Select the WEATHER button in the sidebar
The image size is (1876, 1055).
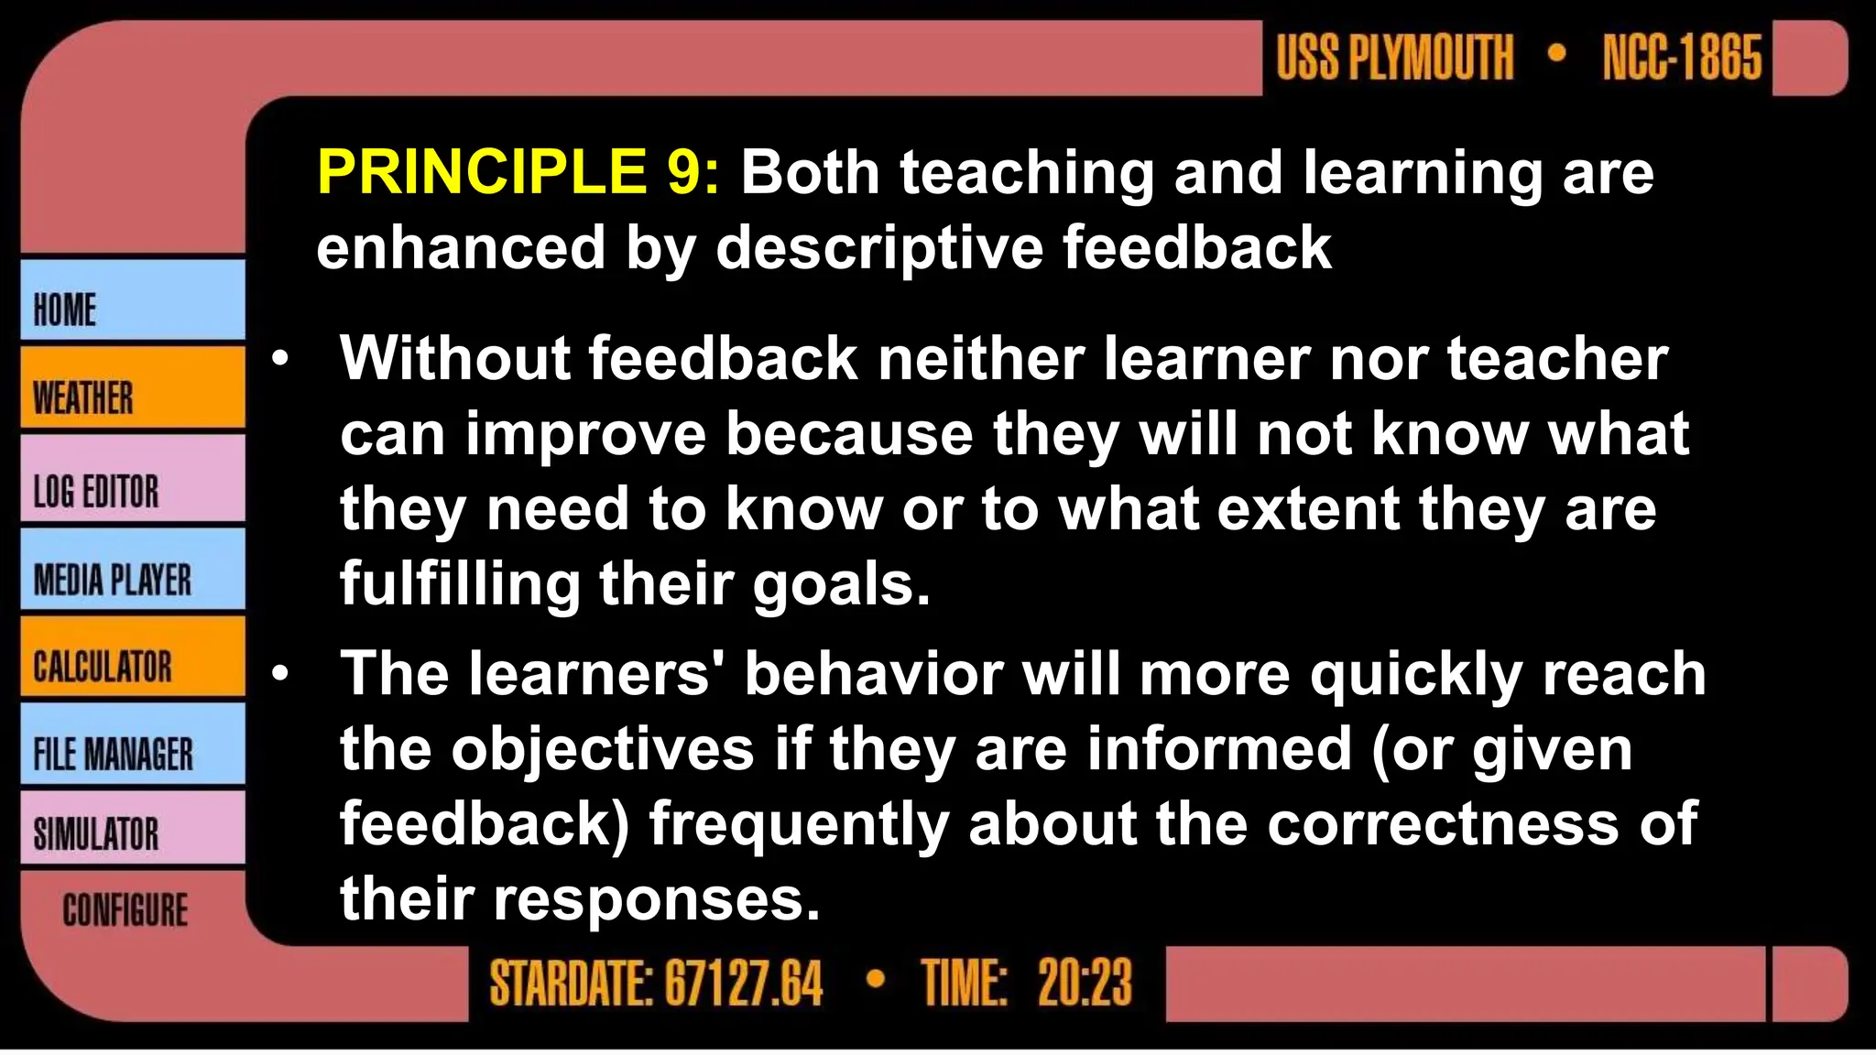132,388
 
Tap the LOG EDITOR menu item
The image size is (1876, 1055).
132,480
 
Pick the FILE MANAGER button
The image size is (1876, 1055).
132,745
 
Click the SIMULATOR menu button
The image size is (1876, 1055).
132,830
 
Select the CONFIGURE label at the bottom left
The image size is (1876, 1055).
125,910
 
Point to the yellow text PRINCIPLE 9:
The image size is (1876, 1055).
518,172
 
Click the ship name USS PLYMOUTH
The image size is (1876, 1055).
1395,58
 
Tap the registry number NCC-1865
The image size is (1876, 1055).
1682,58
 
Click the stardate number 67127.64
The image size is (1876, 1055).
743,984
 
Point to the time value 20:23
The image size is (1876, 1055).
1085,984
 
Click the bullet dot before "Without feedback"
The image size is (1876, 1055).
280,358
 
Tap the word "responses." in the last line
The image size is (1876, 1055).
657,899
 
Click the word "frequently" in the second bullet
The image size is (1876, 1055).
799,824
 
